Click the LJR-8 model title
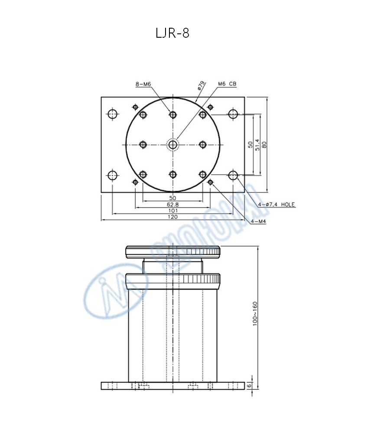coord(172,33)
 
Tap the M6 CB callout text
coord(227,84)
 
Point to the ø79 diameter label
coord(201,85)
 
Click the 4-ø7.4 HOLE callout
coord(276,204)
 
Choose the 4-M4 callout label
coord(258,221)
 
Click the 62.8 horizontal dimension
coord(172,204)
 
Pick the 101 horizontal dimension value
coord(172,211)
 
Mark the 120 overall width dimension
coord(172,217)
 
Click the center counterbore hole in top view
coord(173,144)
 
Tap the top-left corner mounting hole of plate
coord(113,114)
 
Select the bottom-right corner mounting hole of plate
coord(233,175)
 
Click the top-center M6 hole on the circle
coord(173,114)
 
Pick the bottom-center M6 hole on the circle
coord(173,175)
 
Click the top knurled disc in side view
coord(173,252)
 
